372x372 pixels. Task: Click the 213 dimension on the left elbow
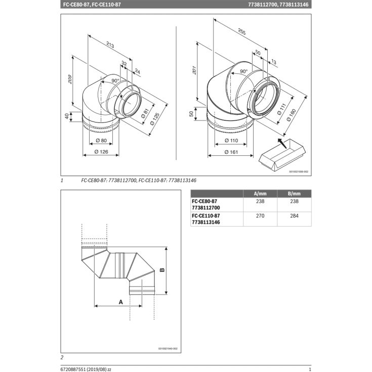110,46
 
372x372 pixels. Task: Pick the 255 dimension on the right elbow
242,32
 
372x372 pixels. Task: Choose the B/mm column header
294,194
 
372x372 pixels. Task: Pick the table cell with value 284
294,216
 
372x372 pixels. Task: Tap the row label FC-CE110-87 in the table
205,216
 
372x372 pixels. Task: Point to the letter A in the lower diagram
120,302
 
